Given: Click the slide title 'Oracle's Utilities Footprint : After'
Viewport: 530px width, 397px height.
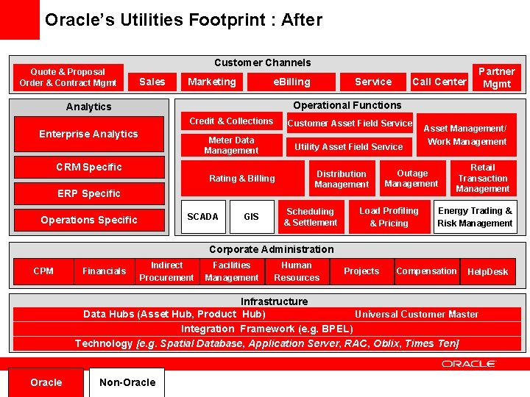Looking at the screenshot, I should point(183,20).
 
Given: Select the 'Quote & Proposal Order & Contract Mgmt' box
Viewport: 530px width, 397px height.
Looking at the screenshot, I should point(68,77).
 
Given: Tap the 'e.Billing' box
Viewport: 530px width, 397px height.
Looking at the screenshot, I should point(291,82).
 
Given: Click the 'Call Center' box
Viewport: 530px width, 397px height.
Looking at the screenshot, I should point(439,82).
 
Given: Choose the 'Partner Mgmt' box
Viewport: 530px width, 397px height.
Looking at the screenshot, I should point(496,77).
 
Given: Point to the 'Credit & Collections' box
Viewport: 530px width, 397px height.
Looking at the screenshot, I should point(231,121).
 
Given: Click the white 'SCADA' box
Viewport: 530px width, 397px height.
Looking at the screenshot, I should point(202,217).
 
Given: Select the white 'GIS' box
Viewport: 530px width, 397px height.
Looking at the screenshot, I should point(251,217).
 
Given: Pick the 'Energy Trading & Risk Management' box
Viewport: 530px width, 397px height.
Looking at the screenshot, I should point(475,217).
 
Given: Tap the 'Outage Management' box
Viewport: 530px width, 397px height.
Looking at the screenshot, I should point(411,179).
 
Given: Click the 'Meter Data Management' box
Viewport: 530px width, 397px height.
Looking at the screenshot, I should point(231,146).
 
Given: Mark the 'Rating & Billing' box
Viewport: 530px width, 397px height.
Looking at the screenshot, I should point(242,179).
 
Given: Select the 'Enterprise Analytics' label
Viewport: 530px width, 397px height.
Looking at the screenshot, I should point(88,134).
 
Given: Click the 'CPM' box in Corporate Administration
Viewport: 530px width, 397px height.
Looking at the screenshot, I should point(43,271).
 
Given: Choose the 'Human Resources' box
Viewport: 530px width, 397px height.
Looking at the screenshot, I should point(297,271).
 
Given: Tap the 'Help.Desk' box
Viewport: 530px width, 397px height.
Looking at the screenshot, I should point(487,272).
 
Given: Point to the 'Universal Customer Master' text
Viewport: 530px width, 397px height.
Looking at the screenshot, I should point(417,314).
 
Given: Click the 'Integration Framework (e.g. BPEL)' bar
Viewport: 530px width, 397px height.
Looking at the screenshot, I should point(266,329).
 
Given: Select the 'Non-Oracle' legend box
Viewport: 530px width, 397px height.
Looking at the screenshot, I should point(127,382).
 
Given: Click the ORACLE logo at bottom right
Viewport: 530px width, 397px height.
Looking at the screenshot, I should point(469,363).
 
